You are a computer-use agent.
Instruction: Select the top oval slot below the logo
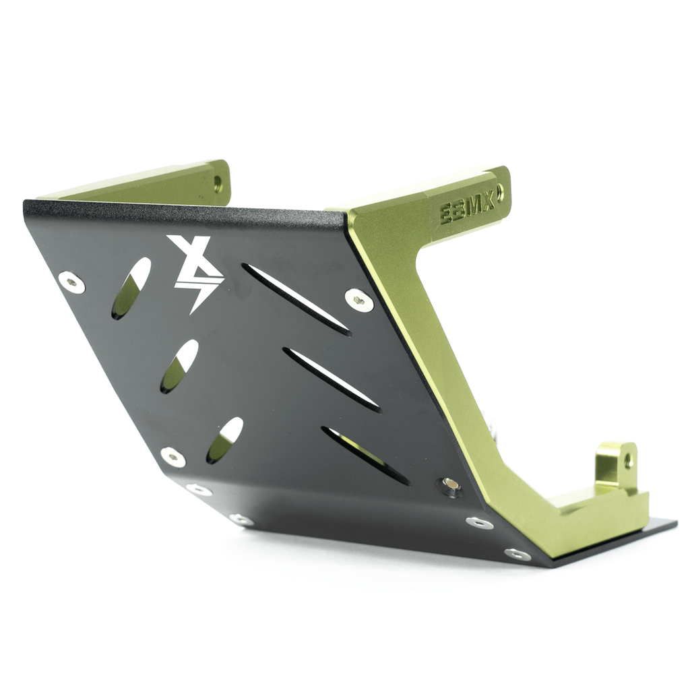point(131,288)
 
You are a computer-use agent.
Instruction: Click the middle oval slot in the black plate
point(179,366)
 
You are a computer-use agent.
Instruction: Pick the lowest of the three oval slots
point(224,440)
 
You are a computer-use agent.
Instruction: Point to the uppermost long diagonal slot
point(296,299)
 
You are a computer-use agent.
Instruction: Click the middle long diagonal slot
point(331,379)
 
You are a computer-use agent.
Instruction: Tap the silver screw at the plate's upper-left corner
point(71,282)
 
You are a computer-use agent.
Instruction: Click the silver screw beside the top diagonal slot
point(359,299)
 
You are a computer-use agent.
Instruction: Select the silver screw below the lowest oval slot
point(173,456)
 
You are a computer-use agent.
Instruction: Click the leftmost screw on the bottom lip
point(199,490)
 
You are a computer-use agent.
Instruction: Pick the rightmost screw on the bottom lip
point(517,554)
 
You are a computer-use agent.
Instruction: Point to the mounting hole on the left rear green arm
point(217,182)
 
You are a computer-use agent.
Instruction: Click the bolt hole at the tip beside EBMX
point(499,191)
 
